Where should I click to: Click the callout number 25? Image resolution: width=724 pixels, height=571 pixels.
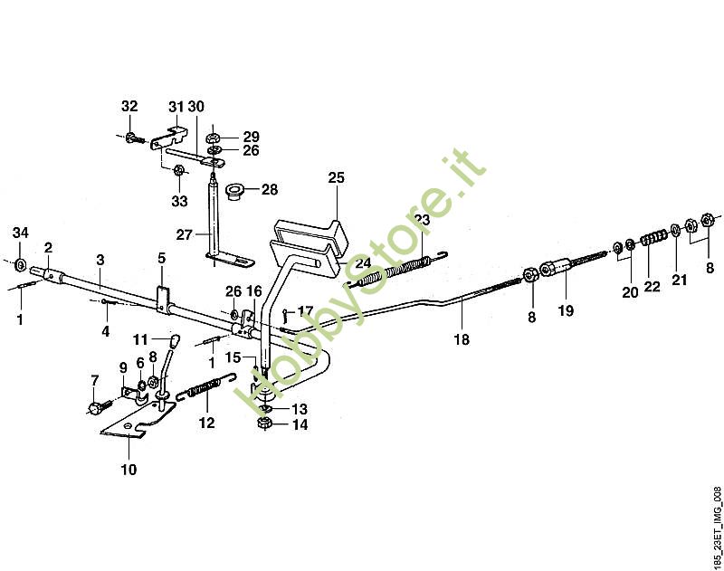click(x=336, y=178)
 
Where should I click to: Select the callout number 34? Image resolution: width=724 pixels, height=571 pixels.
click(x=20, y=234)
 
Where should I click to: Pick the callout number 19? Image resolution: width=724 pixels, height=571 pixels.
click(x=566, y=310)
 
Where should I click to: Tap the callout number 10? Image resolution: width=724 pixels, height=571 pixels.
click(x=128, y=469)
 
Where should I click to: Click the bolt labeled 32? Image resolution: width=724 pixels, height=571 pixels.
click(x=133, y=138)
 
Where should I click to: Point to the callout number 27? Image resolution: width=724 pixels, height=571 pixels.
click(x=184, y=234)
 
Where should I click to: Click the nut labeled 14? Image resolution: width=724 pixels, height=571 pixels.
click(x=262, y=423)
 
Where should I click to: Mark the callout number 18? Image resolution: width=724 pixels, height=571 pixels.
click(x=462, y=340)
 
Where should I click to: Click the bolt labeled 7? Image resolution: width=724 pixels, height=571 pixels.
click(x=97, y=408)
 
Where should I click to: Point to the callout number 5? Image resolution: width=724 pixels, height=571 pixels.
click(x=162, y=258)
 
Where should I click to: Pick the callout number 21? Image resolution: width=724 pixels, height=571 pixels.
click(x=679, y=281)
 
